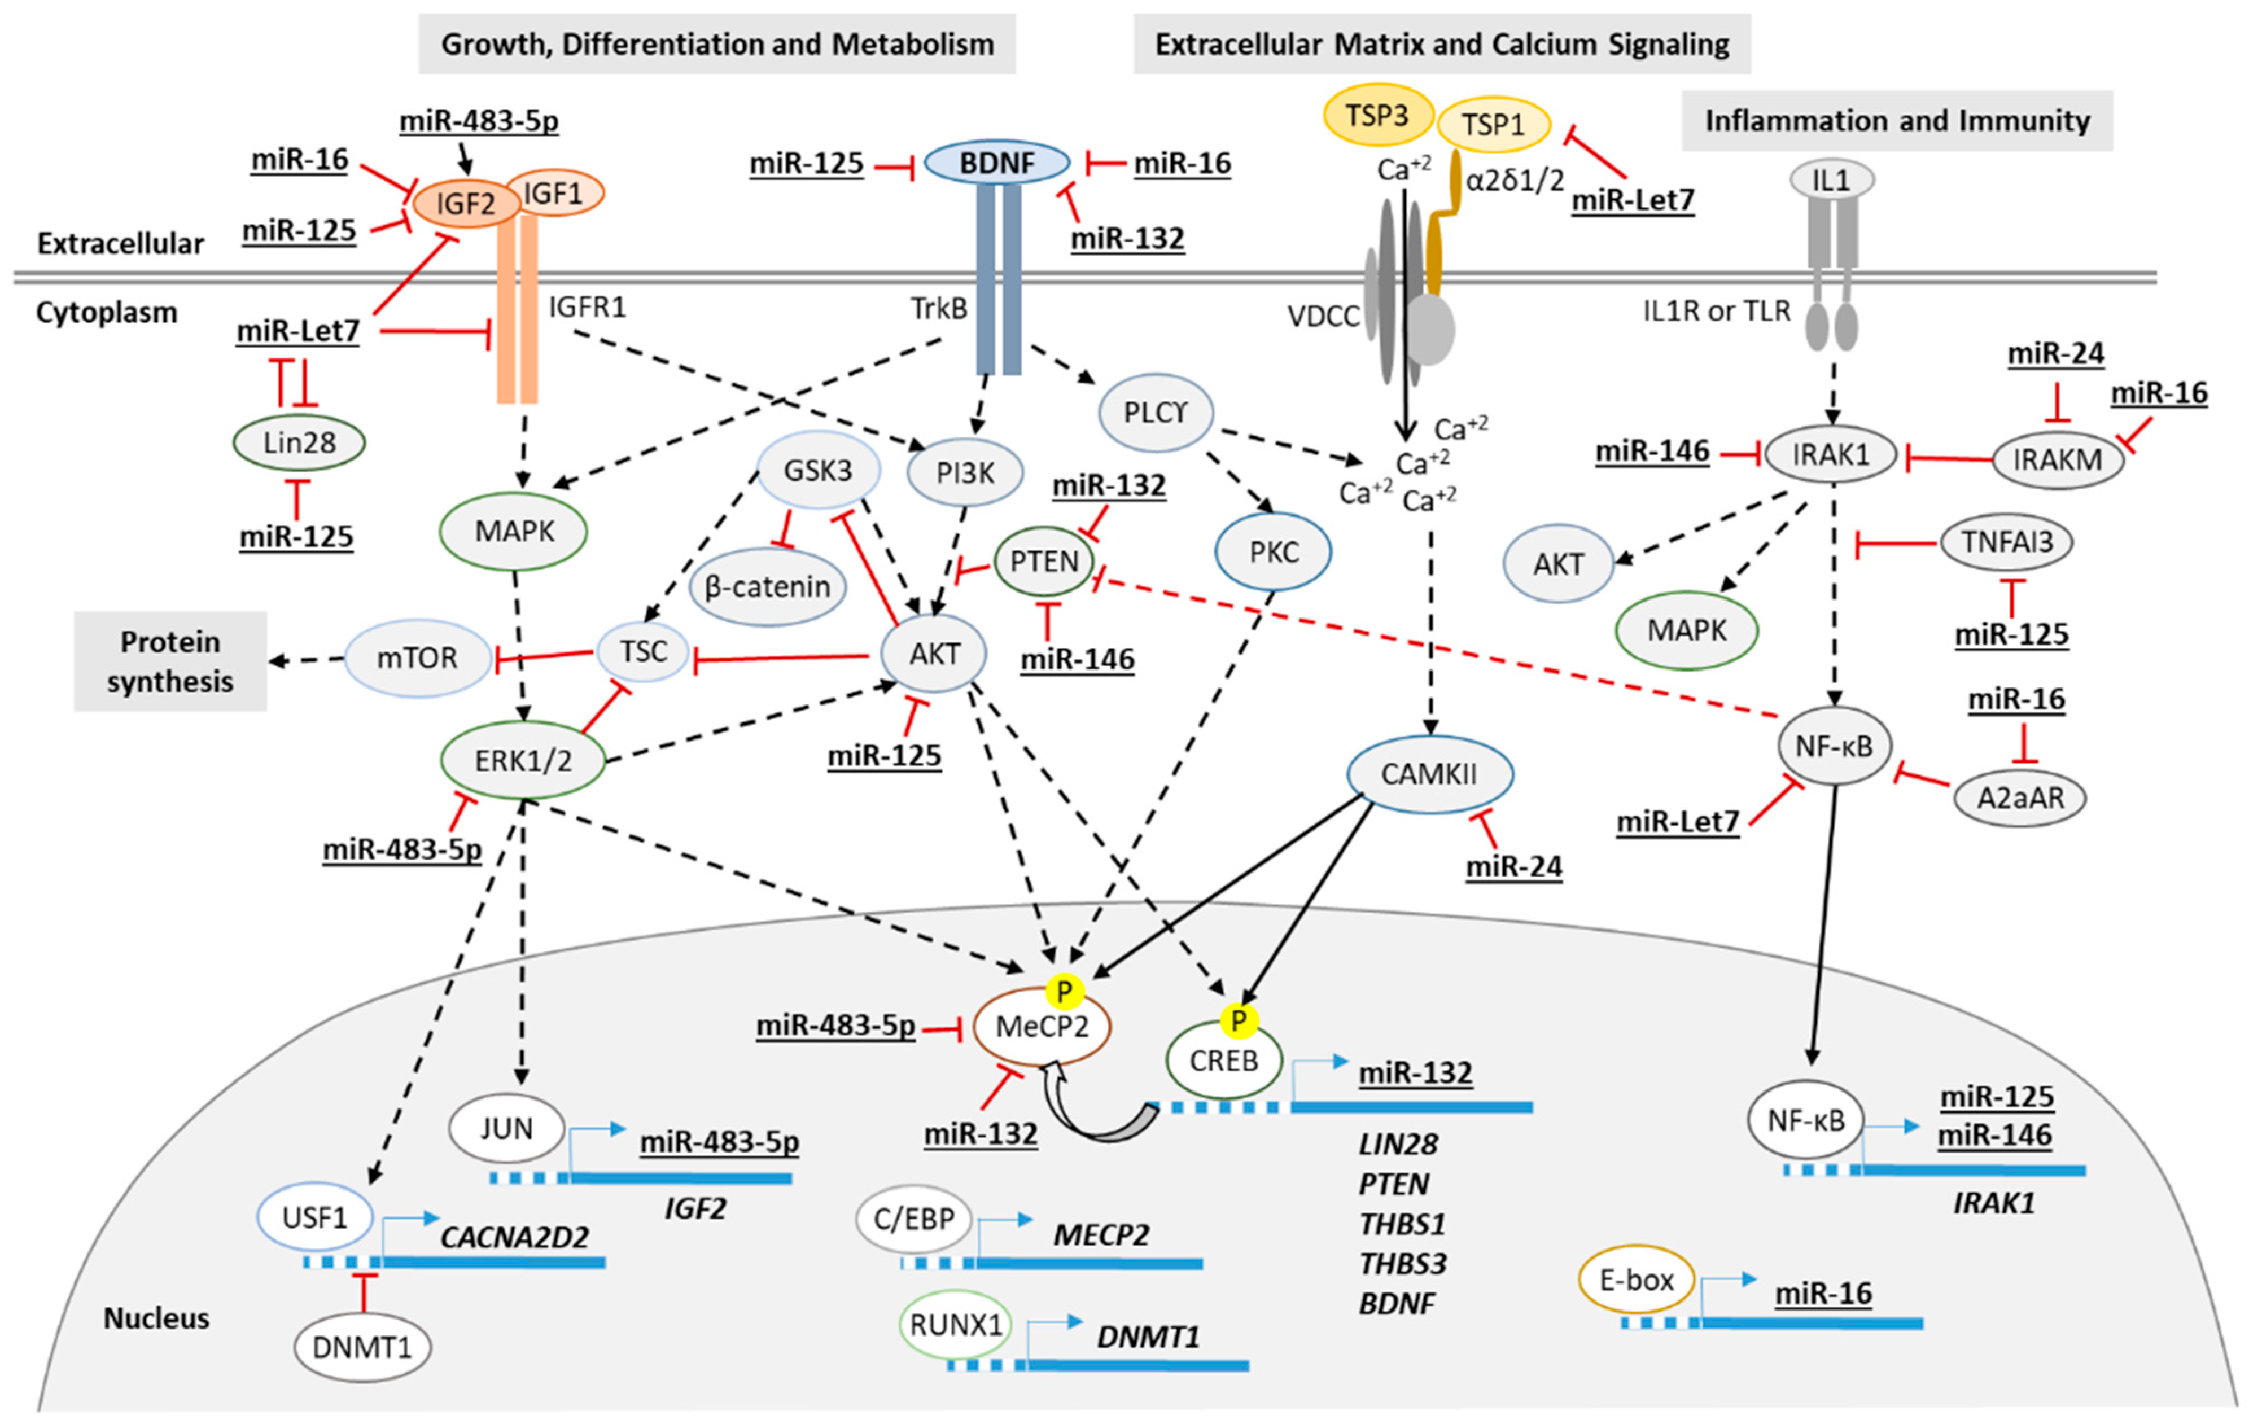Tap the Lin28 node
tap(299, 442)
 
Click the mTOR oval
tap(418, 658)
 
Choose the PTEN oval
tap(1044, 562)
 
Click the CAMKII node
tap(1429, 774)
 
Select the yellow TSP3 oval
tap(1377, 115)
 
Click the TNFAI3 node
tap(2007, 542)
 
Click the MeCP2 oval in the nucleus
tap(1042, 1027)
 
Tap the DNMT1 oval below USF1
tap(362, 1347)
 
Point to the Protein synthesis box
tap(170, 661)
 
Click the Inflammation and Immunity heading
tap(1897, 120)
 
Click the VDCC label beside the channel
tap(1323, 317)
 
